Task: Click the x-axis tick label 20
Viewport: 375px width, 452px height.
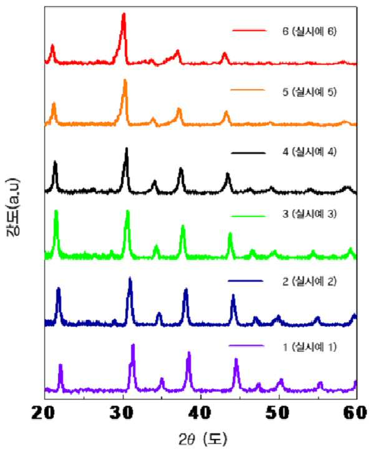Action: [x=43, y=413]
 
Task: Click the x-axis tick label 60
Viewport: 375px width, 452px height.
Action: [x=356, y=413]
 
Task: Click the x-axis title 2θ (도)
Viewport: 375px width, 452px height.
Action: [x=202, y=440]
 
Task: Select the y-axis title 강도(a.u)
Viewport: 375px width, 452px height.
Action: [x=14, y=207]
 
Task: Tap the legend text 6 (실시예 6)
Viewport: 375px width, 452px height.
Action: [x=309, y=31]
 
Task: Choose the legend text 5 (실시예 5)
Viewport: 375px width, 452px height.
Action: [x=309, y=92]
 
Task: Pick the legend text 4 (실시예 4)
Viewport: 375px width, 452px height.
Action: [x=309, y=152]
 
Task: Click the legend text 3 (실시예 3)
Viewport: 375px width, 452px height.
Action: [x=309, y=214]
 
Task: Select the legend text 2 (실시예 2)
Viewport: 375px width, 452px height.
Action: [x=309, y=281]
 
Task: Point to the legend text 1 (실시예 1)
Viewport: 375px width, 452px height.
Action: [x=309, y=347]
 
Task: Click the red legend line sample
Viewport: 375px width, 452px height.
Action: [x=249, y=31]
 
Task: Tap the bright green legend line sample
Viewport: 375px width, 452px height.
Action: [x=248, y=216]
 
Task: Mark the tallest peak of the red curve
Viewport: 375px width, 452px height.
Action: [x=124, y=14]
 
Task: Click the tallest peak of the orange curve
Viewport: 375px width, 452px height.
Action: [x=125, y=80]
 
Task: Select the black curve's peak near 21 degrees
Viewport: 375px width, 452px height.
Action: [x=55, y=162]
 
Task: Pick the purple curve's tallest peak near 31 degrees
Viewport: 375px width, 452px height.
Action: [x=133, y=345]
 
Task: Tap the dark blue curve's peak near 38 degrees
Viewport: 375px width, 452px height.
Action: [x=186, y=289]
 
